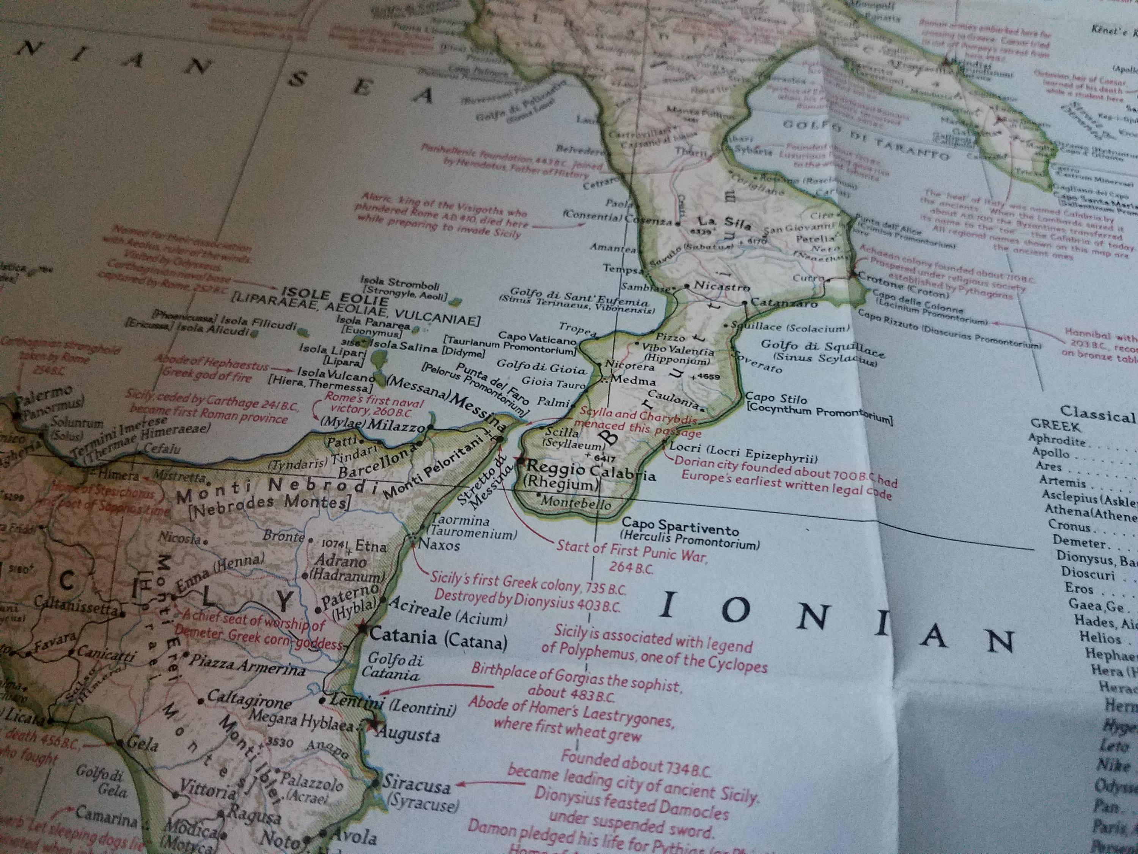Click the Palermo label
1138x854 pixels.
[x=44, y=397]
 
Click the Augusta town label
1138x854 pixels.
[x=409, y=734]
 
